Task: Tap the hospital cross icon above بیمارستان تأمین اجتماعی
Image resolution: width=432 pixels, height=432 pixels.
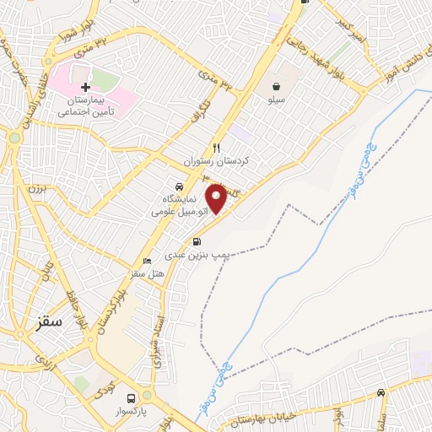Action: pyautogui.click(x=85, y=87)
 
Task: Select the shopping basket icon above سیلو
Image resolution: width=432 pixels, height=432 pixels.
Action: pyautogui.click(x=277, y=85)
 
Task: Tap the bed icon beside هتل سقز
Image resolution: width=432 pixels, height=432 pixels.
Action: pyautogui.click(x=148, y=261)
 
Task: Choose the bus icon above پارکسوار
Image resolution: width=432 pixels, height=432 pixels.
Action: pyautogui.click(x=130, y=398)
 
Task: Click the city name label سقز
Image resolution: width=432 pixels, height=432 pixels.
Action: pyautogui.click(x=55, y=321)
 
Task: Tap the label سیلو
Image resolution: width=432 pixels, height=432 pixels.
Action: pyautogui.click(x=277, y=100)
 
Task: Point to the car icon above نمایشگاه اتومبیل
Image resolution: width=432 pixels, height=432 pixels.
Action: pyautogui.click(x=178, y=186)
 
